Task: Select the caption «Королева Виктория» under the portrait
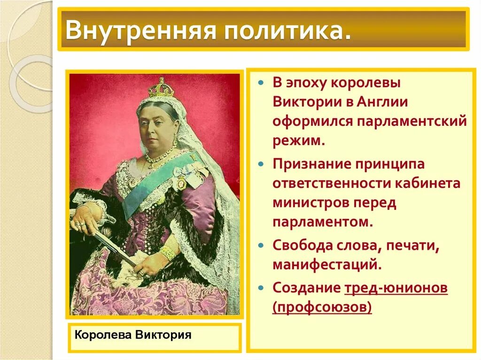(133, 335)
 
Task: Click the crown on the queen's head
(161, 88)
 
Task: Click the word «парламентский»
(411, 121)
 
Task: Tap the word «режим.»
(298, 141)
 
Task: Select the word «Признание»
(310, 164)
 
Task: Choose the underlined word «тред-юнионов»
(396, 288)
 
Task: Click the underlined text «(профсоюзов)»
(322, 307)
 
